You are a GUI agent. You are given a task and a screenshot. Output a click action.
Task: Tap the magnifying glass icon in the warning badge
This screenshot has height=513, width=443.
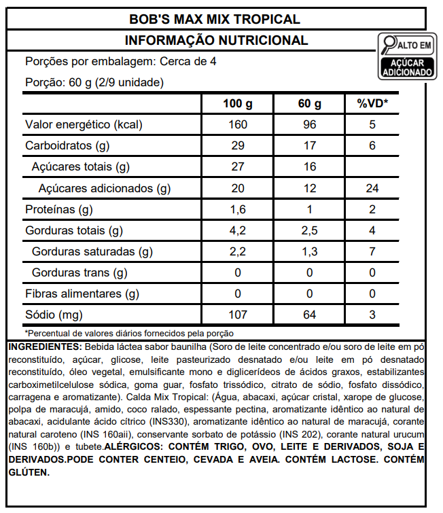[x=390, y=45]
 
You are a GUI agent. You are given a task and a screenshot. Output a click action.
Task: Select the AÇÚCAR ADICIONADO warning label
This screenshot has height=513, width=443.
[x=407, y=66]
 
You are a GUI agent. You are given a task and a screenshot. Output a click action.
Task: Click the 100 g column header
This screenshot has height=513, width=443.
[x=238, y=104]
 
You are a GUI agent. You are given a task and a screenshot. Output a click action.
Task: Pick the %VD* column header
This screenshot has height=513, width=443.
[x=372, y=104]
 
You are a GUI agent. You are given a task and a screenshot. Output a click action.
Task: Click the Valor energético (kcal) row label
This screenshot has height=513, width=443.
[x=84, y=125]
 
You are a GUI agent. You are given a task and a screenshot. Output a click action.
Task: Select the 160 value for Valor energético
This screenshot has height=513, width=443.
[x=238, y=125]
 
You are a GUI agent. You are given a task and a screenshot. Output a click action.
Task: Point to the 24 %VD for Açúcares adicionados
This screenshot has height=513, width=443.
[x=372, y=188]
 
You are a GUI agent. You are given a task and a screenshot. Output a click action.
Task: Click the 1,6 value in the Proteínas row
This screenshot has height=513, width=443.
[x=238, y=209]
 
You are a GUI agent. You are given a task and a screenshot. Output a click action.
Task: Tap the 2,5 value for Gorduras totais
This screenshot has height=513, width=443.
[x=309, y=231]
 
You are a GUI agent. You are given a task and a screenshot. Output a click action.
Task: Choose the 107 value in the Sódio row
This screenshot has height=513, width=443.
[x=238, y=315]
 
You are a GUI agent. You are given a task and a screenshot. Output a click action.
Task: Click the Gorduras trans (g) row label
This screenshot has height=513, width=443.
[x=79, y=273]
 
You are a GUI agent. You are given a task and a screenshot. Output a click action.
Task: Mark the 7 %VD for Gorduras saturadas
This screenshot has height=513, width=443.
[x=372, y=252]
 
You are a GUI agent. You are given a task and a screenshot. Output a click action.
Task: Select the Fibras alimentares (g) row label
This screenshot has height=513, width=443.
[x=82, y=294]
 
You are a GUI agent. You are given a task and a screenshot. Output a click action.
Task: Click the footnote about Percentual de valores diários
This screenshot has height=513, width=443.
[x=129, y=333]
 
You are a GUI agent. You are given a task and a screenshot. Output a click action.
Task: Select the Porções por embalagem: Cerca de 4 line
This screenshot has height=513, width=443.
[x=121, y=62]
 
